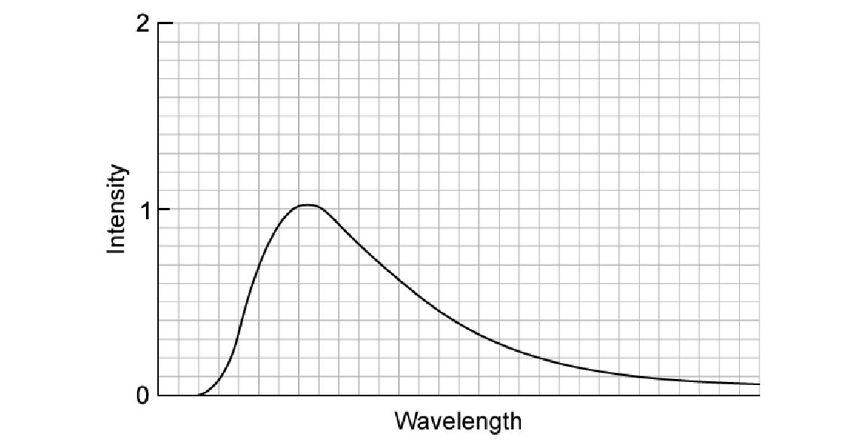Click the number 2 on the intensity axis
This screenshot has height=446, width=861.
tap(143, 23)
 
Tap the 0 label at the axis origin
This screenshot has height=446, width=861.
tap(143, 395)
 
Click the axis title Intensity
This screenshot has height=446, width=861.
tap(117, 209)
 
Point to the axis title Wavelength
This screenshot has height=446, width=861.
tap(458, 420)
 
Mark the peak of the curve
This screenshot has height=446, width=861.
tap(308, 205)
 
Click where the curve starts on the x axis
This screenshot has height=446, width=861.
tap(199, 395)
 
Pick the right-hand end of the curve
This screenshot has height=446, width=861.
tap(759, 384)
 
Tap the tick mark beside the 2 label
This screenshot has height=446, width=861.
tap(166, 23)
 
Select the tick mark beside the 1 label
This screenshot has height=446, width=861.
tap(166, 209)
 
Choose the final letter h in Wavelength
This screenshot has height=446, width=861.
tap(515, 420)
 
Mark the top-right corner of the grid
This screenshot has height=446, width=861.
tap(759, 23)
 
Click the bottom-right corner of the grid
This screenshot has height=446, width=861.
tap(759, 395)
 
